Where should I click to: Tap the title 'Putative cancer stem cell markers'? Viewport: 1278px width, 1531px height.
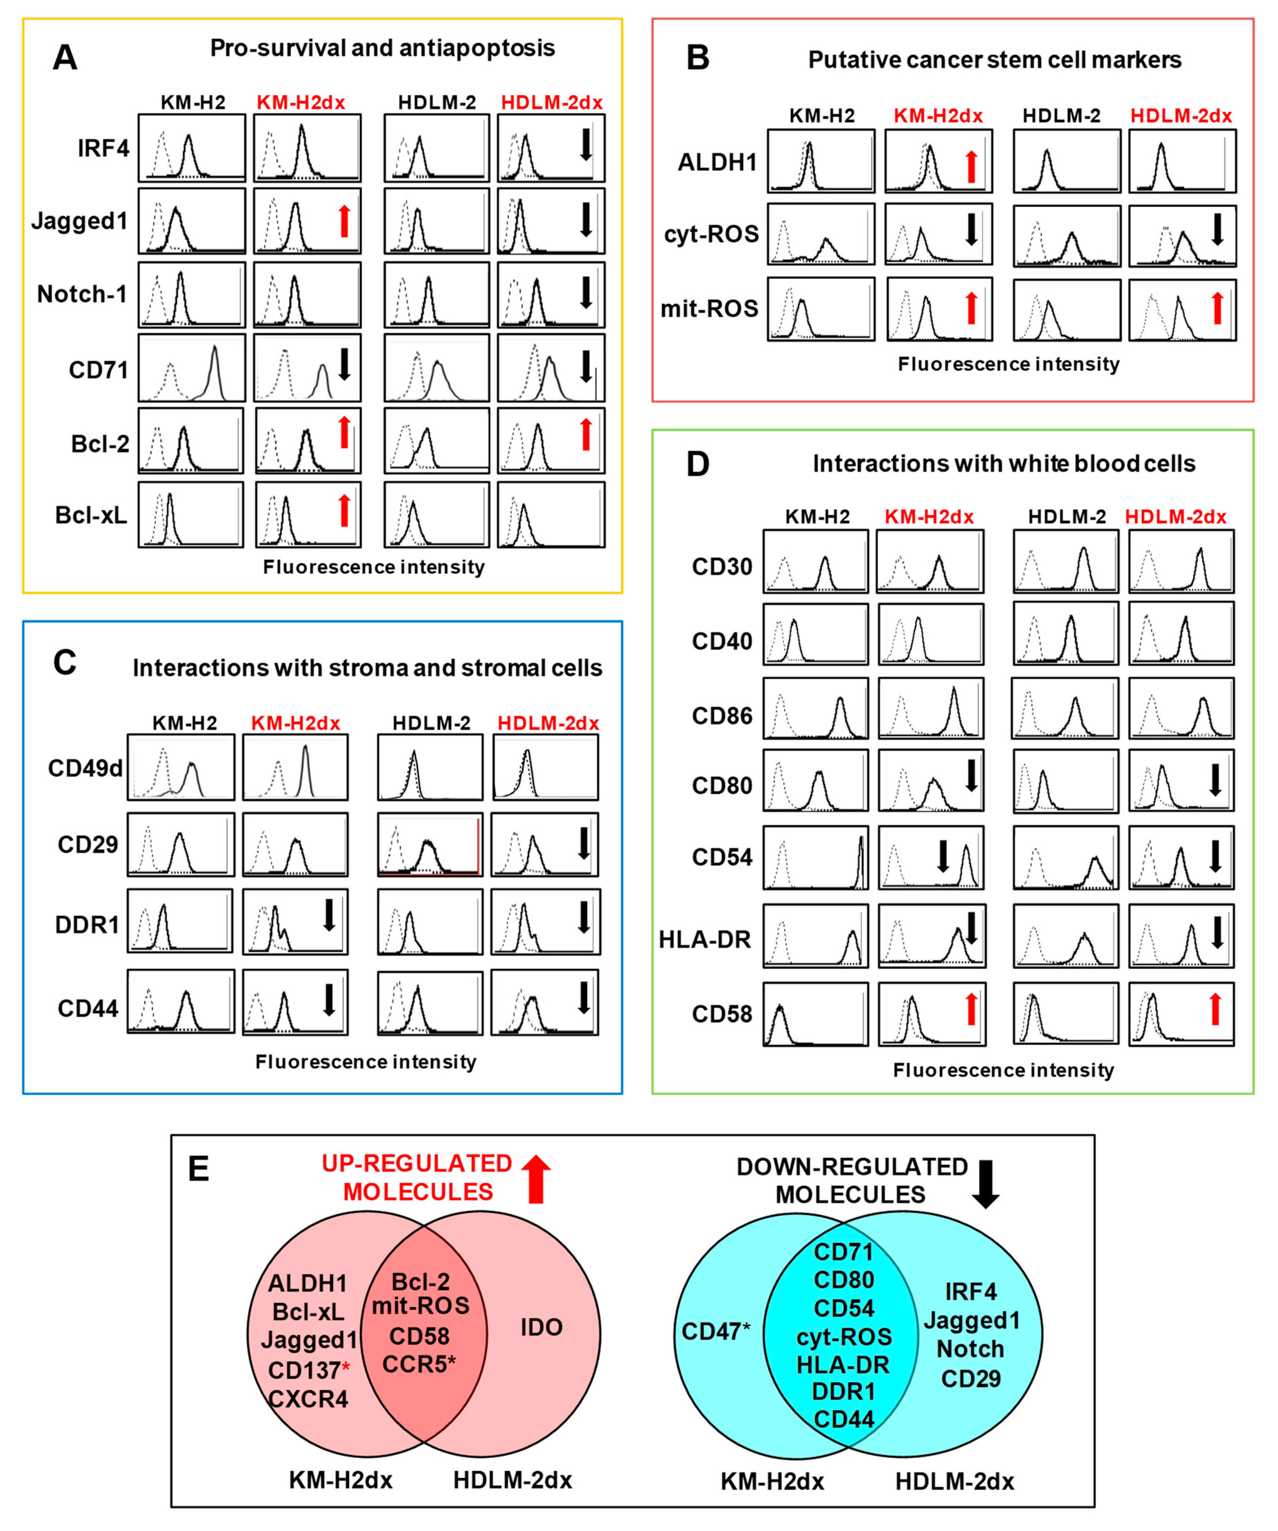pos(994,60)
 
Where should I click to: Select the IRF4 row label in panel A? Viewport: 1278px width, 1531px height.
pos(103,149)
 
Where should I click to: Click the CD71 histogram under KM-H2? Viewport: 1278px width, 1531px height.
pos(192,368)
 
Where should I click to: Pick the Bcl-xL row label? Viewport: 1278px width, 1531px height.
pos(91,515)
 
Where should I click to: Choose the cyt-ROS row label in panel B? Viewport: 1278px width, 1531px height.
pos(711,234)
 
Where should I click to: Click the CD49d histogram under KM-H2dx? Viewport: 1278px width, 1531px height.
pos(295,768)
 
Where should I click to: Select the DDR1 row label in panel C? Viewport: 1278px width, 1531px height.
pos(87,924)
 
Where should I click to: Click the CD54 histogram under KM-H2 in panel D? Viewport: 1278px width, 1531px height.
pos(816,857)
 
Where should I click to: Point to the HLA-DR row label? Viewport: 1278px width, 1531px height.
pos(704,940)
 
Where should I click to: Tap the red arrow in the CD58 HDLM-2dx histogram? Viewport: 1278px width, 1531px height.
pos(1215,1010)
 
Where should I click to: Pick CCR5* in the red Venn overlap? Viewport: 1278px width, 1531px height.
pos(419,1363)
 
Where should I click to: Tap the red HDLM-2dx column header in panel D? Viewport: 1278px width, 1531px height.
pos(1175,517)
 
